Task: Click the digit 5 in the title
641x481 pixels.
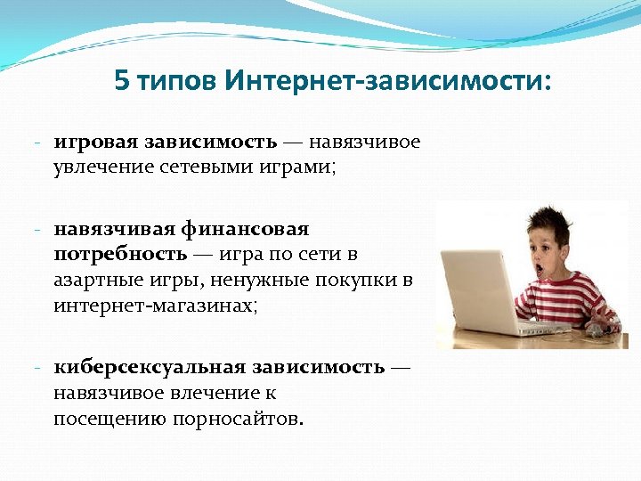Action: (x=121, y=83)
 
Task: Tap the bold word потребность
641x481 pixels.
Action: (x=120, y=254)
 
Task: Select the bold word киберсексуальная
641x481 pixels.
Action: (x=150, y=367)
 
